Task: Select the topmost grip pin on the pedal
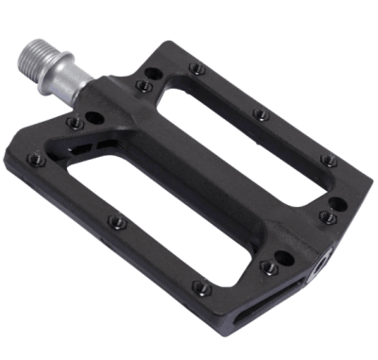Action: (x=196, y=67)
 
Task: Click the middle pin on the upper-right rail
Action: (x=263, y=115)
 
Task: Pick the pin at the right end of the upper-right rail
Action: (x=329, y=161)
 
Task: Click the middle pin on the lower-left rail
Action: (x=115, y=222)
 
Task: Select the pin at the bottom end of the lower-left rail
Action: (x=199, y=286)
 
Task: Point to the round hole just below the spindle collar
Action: (x=94, y=118)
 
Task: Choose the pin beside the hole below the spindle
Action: (x=75, y=123)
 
